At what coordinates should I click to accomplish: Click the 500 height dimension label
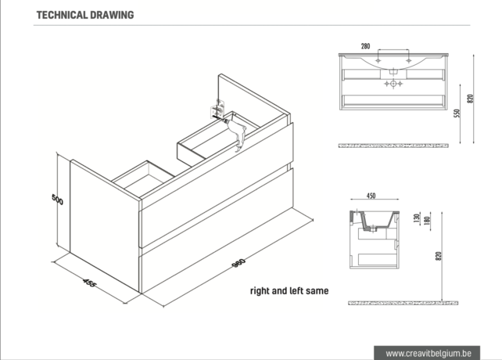(x=58, y=200)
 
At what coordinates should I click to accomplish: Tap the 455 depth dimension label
(x=89, y=283)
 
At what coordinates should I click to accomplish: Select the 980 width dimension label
(x=238, y=263)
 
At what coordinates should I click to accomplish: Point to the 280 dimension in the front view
(x=365, y=46)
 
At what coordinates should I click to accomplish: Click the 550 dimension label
(x=457, y=113)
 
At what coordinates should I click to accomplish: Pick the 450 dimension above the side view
(x=371, y=196)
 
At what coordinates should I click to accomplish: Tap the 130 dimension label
(x=417, y=218)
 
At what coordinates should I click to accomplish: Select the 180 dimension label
(x=427, y=220)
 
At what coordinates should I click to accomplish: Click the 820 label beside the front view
(x=470, y=99)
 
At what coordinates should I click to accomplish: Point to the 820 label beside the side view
(x=439, y=256)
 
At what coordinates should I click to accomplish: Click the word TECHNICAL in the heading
(x=62, y=15)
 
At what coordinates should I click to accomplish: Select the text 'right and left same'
(x=289, y=291)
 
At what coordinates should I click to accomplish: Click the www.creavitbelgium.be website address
(x=428, y=353)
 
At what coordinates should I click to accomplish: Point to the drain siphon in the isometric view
(x=236, y=133)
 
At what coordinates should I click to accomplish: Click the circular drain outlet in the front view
(x=393, y=84)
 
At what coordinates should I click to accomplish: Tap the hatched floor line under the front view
(x=393, y=146)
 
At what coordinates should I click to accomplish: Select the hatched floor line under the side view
(x=403, y=303)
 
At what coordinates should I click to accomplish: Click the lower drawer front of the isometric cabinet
(x=217, y=230)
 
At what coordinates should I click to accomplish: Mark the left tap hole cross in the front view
(x=378, y=60)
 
